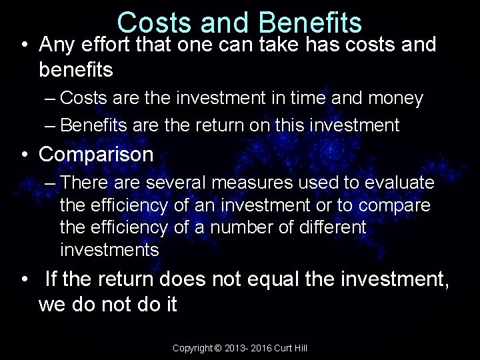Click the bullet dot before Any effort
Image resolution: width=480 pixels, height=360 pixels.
[23, 45]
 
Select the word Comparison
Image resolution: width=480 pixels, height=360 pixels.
[97, 155]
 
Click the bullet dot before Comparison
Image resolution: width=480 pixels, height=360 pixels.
[23, 155]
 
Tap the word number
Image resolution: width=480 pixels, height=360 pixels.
[243, 228]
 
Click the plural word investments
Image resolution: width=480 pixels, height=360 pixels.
[109, 251]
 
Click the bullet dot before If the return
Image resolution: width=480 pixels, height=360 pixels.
[23, 280]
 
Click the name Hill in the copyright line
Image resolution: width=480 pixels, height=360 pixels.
[299, 349]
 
